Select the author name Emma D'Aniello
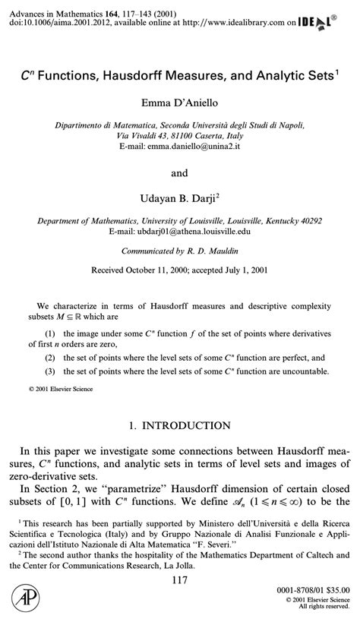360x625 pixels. pyautogui.click(x=179, y=102)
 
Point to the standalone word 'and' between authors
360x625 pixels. pyautogui.click(x=179, y=173)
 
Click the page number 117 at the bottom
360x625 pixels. pyautogui.click(x=179, y=582)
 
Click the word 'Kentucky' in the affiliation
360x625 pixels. pyautogui.click(x=273, y=221)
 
